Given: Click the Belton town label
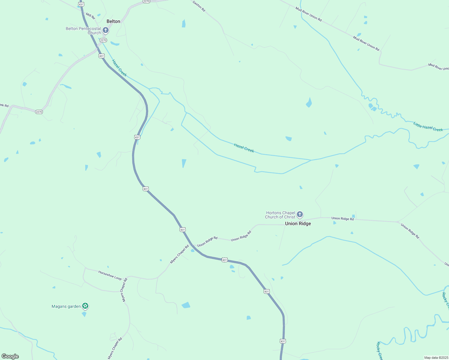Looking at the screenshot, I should [x=113, y=21].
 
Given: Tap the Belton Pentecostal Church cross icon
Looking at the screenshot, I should [x=105, y=30].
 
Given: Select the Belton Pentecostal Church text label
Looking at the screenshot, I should [x=83, y=31].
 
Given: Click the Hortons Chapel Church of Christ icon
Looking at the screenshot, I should [x=300, y=214].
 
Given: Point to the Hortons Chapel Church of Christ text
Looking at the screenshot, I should [x=280, y=215].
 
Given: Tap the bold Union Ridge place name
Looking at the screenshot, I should [x=298, y=223].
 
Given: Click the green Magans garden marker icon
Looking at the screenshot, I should [x=85, y=306].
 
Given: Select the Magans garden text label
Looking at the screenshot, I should [x=66, y=306].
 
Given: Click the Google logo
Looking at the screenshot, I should [x=10, y=356].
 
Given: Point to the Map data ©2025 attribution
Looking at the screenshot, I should [x=436, y=358].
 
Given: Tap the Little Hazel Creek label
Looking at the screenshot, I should [x=428, y=127].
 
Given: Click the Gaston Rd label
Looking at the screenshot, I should [x=199, y=6].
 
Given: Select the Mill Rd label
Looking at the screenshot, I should [x=90, y=16].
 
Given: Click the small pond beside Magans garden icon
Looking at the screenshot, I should [x=84, y=314].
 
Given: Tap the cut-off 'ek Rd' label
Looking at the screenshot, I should [x=4, y=105].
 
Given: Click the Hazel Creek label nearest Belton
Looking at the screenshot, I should [x=119, y=68].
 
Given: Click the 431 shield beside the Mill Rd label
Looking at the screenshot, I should [x=81, y=4].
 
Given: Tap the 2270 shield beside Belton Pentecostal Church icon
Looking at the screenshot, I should [x=103, y=40].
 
